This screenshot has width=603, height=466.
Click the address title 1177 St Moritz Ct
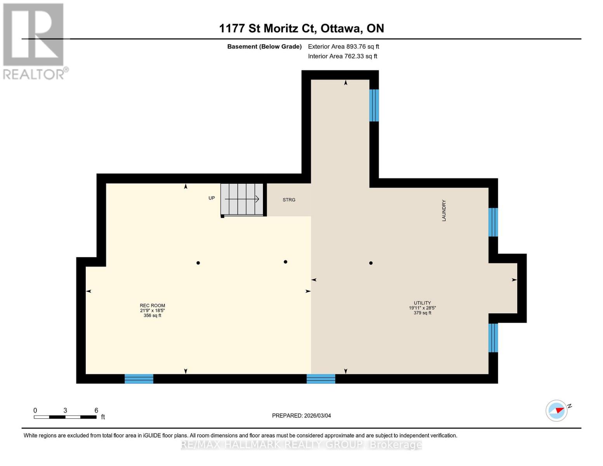click(x=301, y=28)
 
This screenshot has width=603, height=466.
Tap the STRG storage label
click(x=289, y=200)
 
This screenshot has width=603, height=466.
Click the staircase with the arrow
click(x=242, y=199)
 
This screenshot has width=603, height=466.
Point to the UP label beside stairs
click(x=212, y=198)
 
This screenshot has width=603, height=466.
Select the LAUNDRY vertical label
click(x=444, y=210)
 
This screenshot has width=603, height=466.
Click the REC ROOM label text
click(x=152, y=305)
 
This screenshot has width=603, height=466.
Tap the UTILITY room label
click(x=422, y=303)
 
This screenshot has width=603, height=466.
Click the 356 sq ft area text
click(x=152, y=316)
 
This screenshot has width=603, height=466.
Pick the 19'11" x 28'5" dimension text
click(x=422, y=308)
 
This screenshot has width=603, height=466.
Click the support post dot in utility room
click(x=371, y=263)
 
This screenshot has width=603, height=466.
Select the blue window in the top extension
click(x=374, y=105)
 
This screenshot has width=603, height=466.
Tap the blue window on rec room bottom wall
click(x=139, y=379)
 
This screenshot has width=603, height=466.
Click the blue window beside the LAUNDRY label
click(x=493, y=222)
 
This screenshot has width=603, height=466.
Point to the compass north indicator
click(x=557, y=410)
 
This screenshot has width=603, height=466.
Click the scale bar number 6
click(x=96, y=410)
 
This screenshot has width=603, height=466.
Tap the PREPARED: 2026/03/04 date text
click(x=301, y=416)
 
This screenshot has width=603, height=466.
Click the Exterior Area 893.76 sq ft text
click(x=343, y=47)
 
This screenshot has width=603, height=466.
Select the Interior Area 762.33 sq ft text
click(x=342, y=56)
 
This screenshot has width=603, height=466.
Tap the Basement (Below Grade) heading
click(x=264, y=47)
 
